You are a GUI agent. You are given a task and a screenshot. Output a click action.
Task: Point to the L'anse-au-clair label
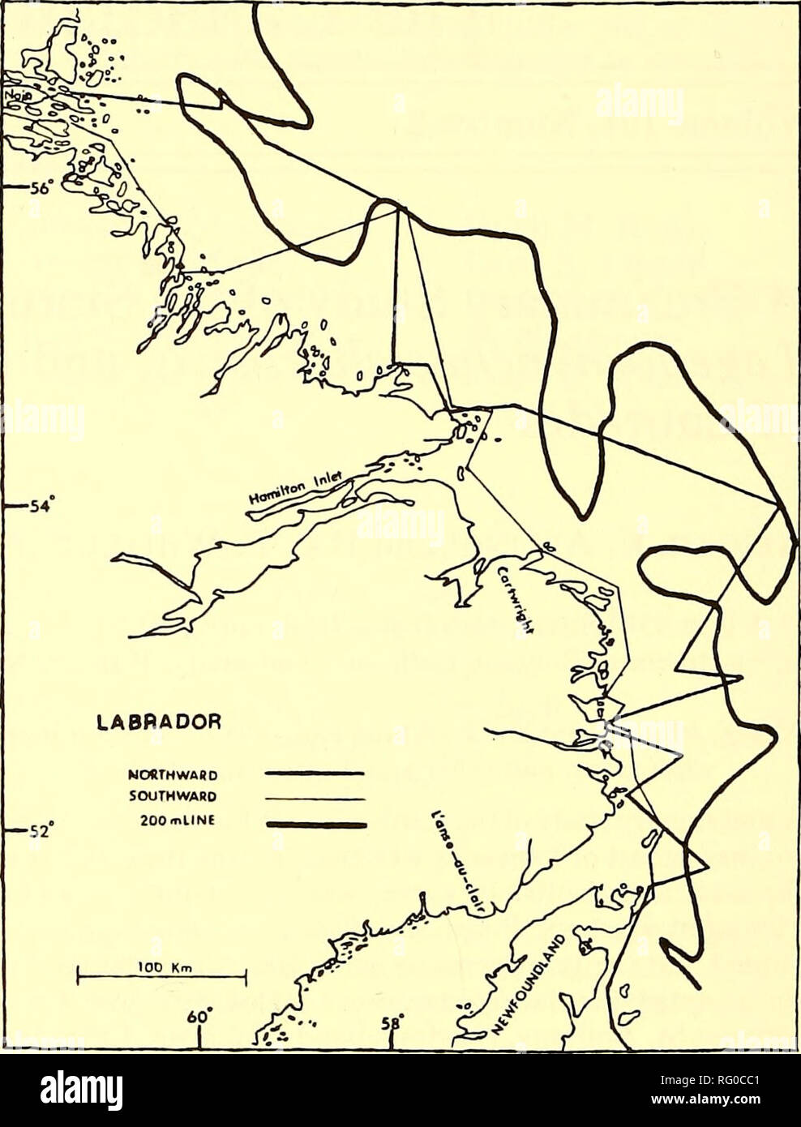pyautogui.click(x=454, y=863)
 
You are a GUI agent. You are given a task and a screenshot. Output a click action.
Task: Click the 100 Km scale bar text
pyautogui.click(x=161, y=966)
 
